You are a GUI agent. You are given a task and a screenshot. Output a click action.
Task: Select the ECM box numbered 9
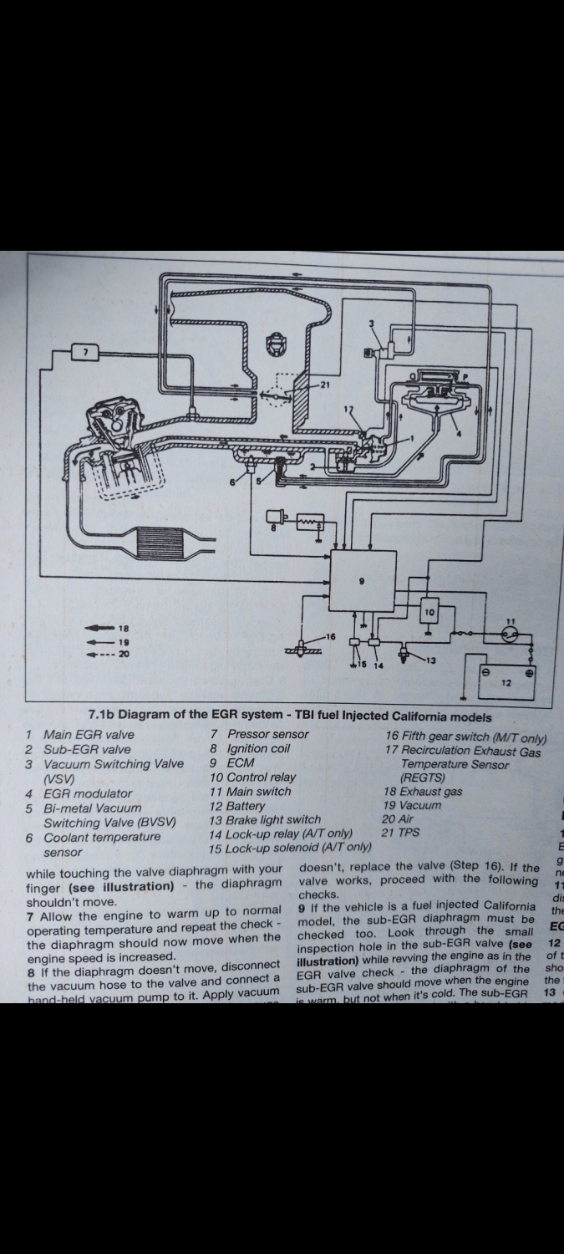362,582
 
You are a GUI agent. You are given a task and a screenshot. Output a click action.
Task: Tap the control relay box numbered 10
429,612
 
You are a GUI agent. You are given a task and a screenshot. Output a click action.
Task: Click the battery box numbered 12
506,681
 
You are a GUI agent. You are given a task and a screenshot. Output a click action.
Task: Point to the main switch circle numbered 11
511,633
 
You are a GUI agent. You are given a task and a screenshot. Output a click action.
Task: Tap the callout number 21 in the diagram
326,386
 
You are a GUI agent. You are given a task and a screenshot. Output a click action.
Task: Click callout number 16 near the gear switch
330,637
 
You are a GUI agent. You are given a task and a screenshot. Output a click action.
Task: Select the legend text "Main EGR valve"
89,735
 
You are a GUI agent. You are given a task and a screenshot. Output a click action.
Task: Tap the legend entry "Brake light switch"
265,819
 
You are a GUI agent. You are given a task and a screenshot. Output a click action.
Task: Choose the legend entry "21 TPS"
401,833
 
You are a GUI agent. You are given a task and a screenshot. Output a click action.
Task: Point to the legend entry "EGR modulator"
88,793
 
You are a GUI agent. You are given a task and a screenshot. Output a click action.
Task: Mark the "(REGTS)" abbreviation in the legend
423,777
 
